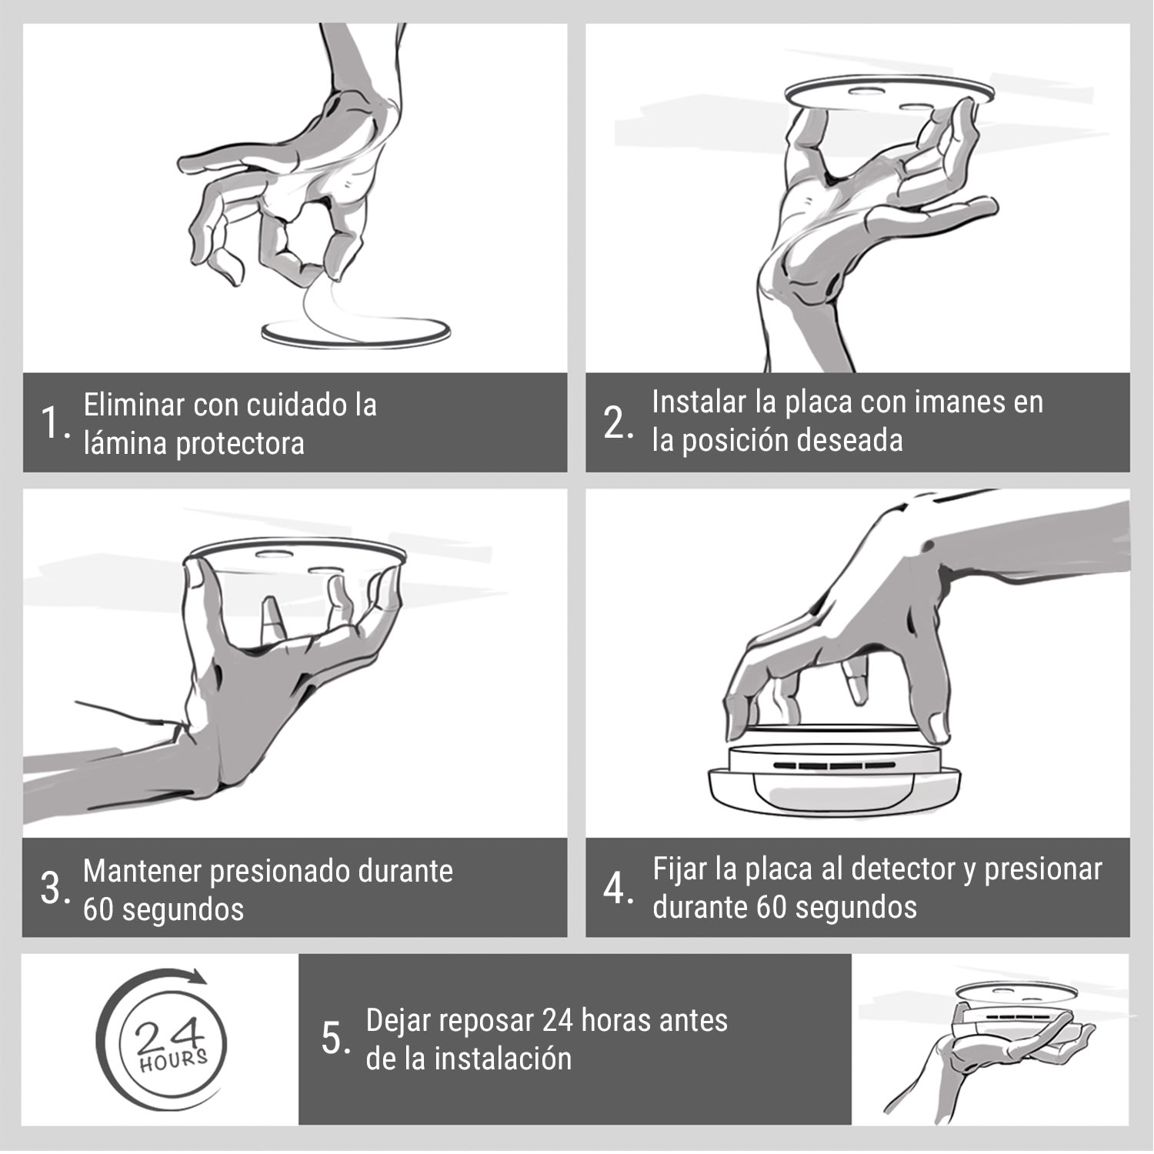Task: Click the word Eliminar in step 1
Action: [x=134, y=405]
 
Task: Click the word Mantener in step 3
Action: [x=142, y=872]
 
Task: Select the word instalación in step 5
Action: [x=502, y=1059]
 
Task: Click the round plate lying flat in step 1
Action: [x=355, y=333]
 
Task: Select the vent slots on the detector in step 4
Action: [x=831, y=766]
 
